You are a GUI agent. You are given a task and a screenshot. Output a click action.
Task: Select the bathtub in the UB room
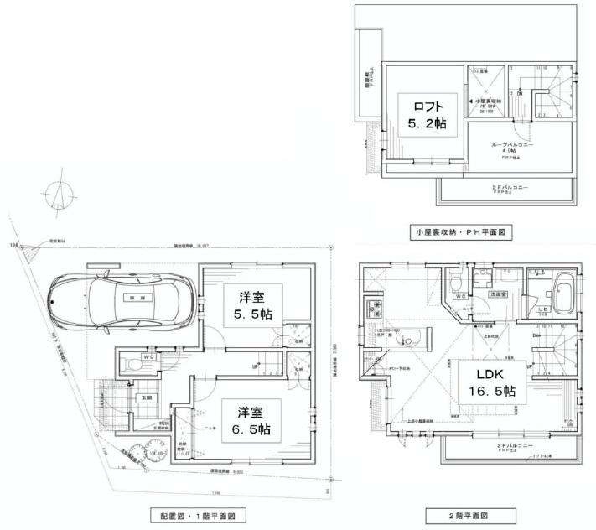pos(559,294)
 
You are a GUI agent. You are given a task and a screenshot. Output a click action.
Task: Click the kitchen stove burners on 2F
pos(372,309)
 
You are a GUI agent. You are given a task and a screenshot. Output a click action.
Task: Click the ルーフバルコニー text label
pos(517,145)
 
